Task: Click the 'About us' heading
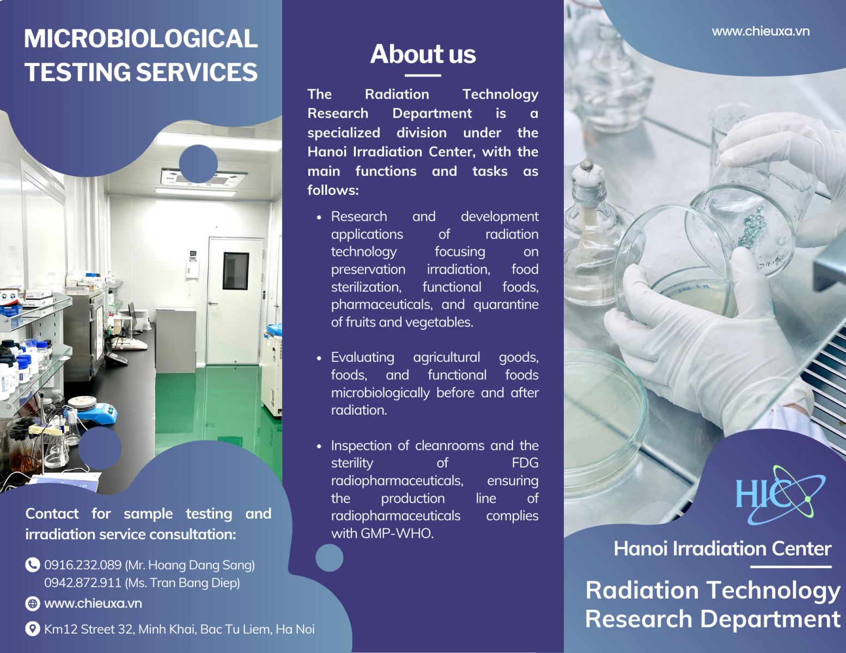(423, 54)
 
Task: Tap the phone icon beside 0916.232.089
(32, 565)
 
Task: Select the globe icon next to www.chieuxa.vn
(32, 603)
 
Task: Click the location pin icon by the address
(32, 629)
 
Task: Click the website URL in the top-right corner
(760, 32)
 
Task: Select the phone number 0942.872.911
(83, 583)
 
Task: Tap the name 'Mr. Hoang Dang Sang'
(190, 565)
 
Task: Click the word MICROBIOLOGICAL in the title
(141, 39)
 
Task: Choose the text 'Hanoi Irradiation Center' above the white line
(722, 549)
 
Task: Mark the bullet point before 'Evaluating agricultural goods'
(319, 358)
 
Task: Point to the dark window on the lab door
(235, 270)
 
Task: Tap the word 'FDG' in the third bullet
(525, 463)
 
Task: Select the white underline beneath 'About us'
(423, 76)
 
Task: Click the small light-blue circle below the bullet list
(330, 558)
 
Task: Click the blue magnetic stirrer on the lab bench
(98, 413)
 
